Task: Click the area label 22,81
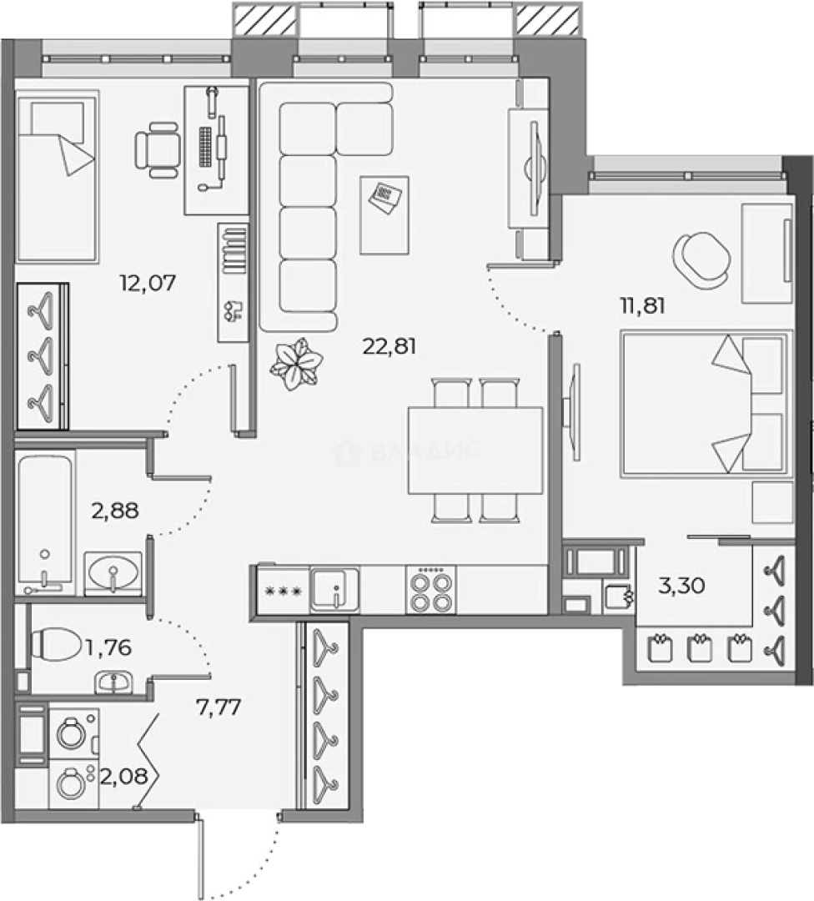point(389,345)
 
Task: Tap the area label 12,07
point(148,283)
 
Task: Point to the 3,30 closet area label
point(682,586)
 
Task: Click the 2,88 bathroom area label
point(115,510)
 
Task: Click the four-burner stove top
point(431,590)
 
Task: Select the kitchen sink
point(335,590)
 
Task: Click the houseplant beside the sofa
point(295,363)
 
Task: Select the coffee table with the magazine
point(384,214)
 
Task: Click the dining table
point(475,450)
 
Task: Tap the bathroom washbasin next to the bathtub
point(113,574)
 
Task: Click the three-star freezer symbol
point(282,591)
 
